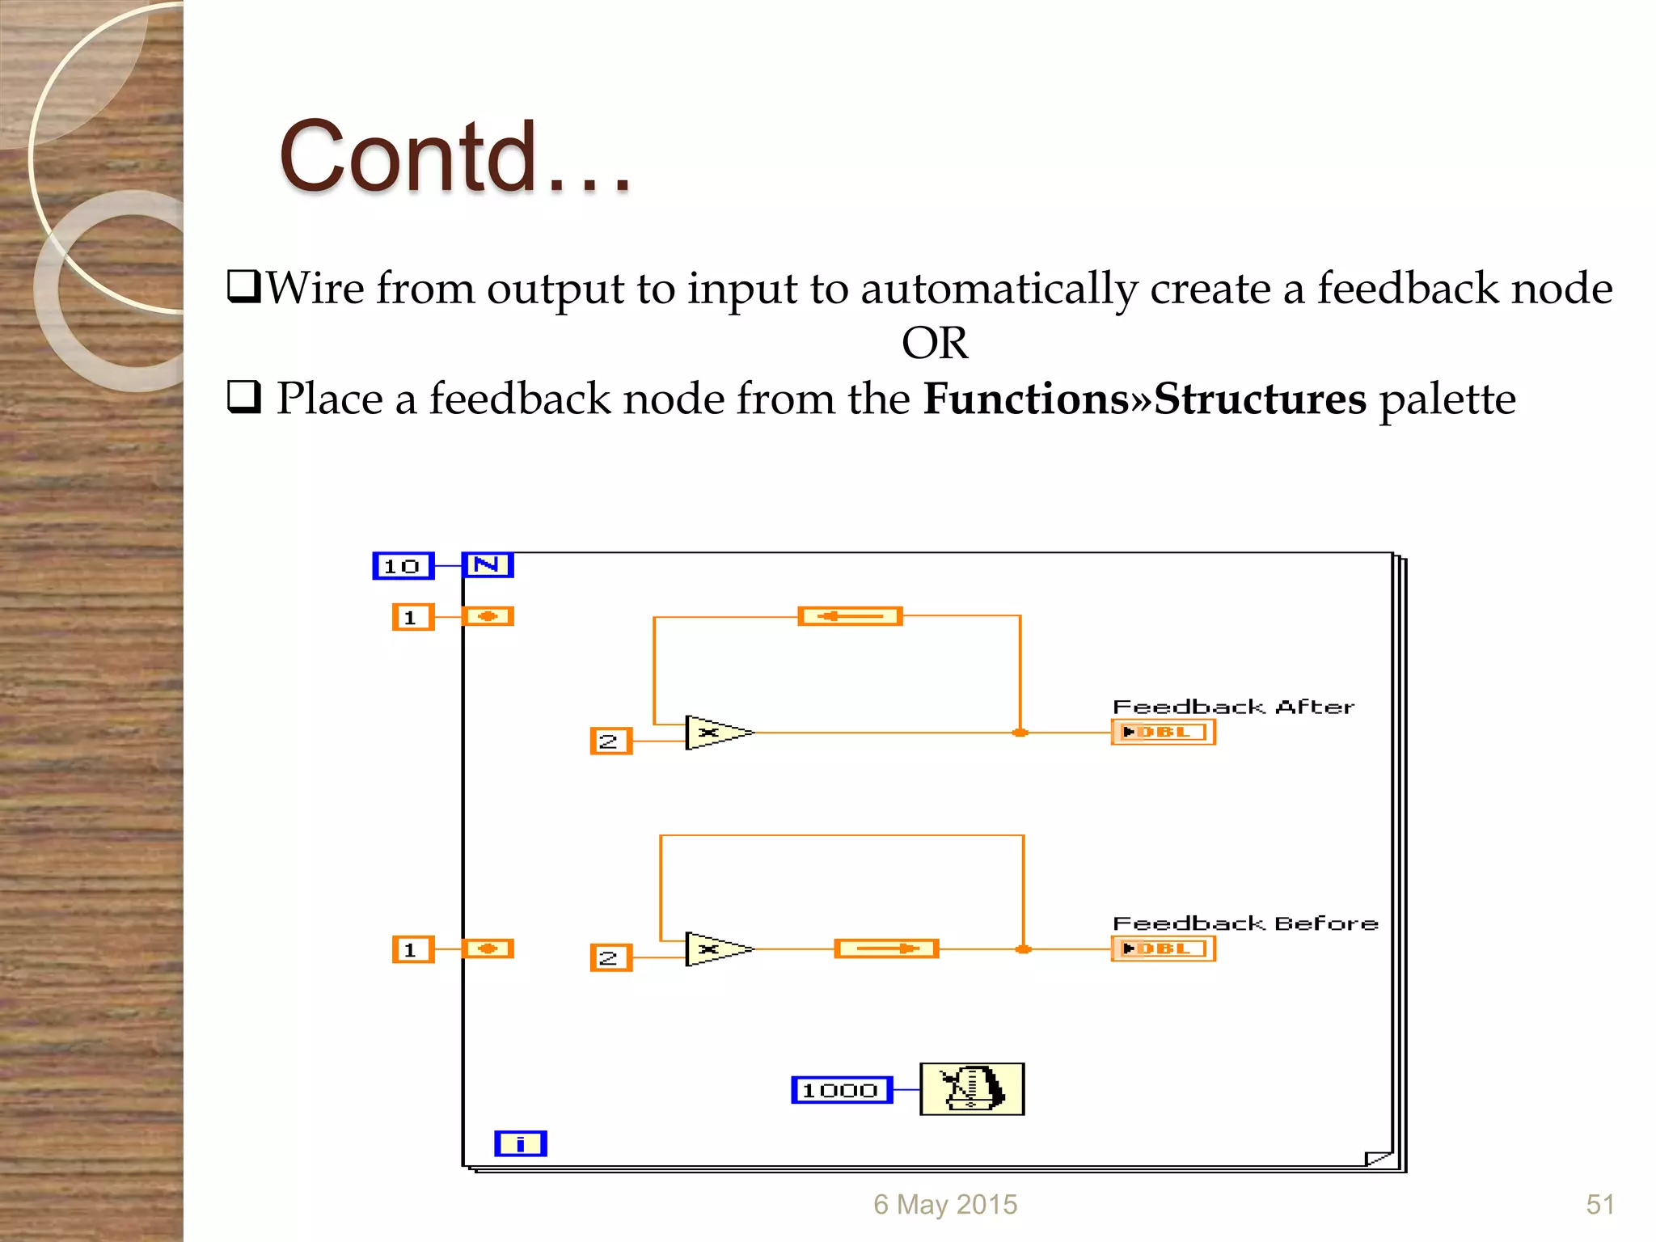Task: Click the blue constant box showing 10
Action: click(x=403, y=566)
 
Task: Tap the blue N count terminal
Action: click(x=487, y=564)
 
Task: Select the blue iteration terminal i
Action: click(x=520, y=1143)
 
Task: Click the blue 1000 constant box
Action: click(x=841, y=1090)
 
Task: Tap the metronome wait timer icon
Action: click(x=972, y=1089)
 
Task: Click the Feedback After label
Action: click(x=1232, y=708)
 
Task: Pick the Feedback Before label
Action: click(x=1244, y=923)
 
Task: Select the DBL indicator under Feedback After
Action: click(x=1163, y=733)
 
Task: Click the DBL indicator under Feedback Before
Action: click(x=1163, y=948)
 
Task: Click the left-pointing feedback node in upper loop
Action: click(x=850, y=616)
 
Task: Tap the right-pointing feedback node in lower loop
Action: click(x=886, y=948)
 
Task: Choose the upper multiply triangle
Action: click(x=715, y=733)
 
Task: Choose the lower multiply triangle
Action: click(x=715, y=949)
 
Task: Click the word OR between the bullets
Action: click(x=934, y=344)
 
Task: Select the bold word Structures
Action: click(x=1260, y=399)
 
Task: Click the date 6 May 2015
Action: click(x=944, y=1205)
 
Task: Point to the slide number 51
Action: click(x=1599, y=1205)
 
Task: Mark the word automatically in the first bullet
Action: click(x=999, y=289)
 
